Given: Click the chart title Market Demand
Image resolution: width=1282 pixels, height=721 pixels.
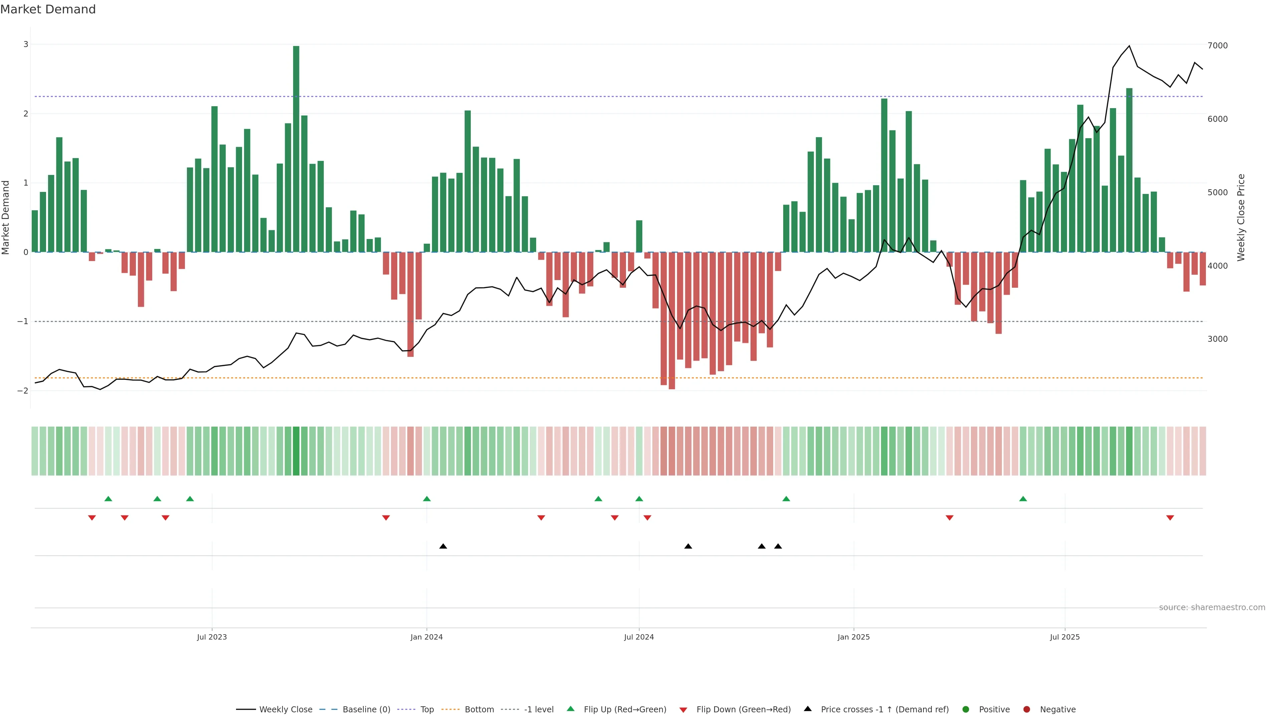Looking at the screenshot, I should tap(48, 9).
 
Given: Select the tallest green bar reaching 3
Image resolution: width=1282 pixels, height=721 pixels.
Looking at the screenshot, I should tap(296, 149).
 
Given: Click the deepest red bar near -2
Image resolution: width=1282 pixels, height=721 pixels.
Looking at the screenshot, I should tap(672, 321).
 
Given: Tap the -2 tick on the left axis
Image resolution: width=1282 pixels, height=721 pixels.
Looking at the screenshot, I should tap(23, 391).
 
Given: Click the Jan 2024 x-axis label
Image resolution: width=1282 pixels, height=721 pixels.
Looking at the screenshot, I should tap(427, 637).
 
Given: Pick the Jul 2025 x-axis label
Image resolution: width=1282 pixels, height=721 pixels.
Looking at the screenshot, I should tap(1065, 637).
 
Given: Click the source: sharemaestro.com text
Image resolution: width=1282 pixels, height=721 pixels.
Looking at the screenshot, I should tap(1212, 608).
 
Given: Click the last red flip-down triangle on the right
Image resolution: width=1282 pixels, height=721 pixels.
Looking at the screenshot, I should tap(1170, 518).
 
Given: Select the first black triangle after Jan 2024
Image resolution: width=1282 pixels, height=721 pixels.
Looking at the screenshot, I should tap(443, 546).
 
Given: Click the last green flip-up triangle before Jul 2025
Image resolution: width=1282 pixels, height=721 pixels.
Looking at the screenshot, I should tap(1023, 499).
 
